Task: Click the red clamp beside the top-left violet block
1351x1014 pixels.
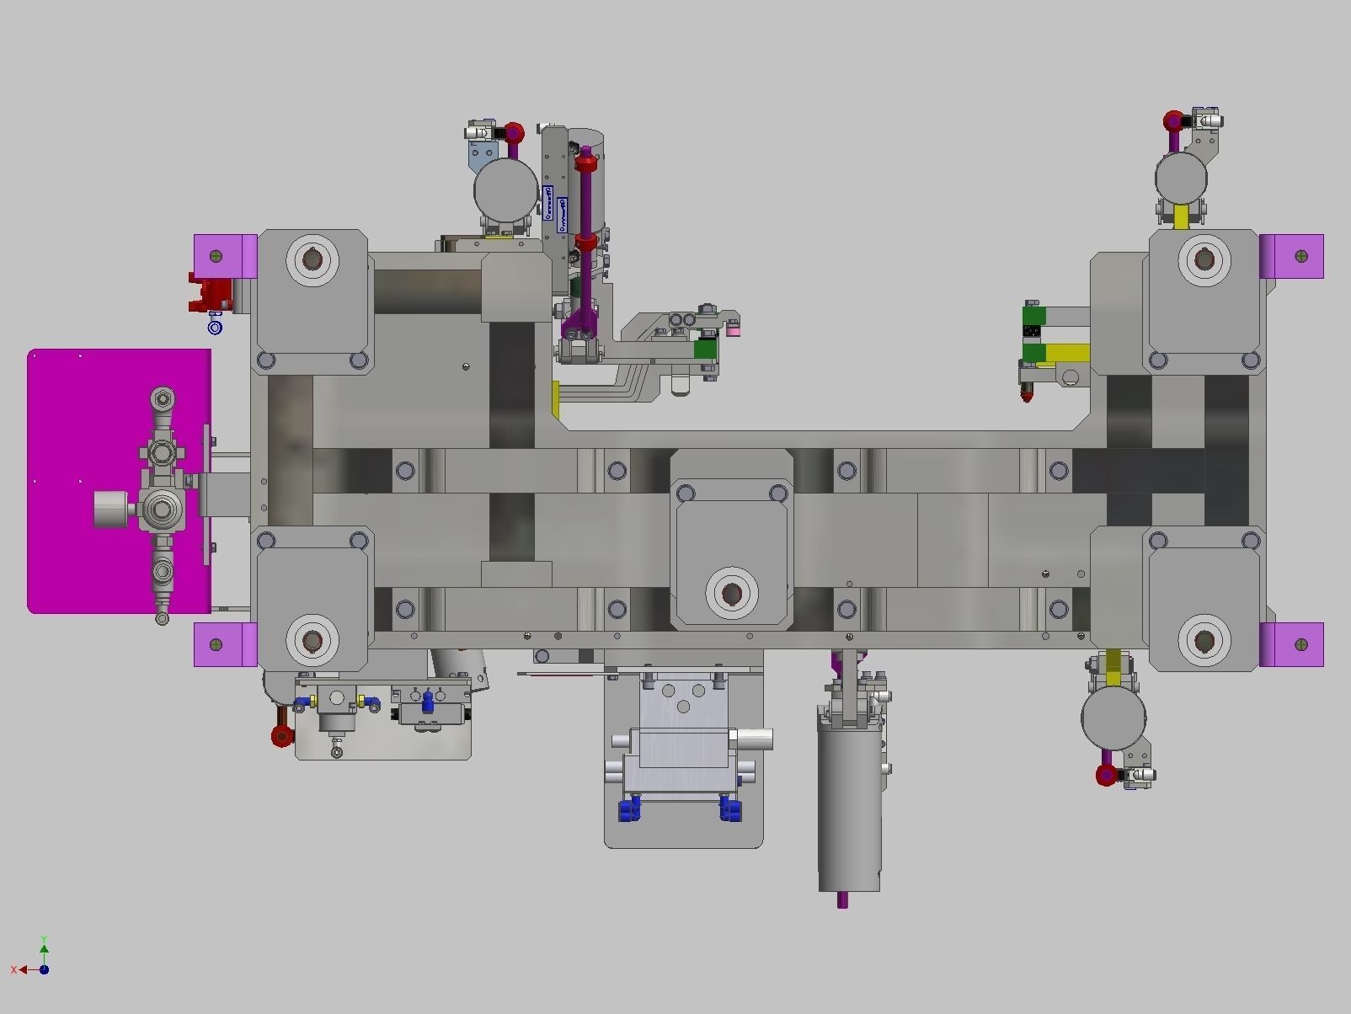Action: click(212, 291)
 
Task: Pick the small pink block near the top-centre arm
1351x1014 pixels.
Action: click(733, 330)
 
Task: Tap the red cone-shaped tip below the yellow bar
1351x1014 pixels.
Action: click(1028, 392)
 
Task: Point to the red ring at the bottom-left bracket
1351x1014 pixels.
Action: click(282, 736)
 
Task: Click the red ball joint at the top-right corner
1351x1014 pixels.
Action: click(1173, 122)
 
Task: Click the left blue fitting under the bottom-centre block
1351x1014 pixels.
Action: click(628, 810)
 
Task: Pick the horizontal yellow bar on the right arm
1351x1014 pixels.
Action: click(1067, 353)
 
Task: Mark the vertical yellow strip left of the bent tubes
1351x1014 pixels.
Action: click(556, 399)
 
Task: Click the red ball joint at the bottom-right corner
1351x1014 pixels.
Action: click(1107, 775)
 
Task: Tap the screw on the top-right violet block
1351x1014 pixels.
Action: click(1301, 255)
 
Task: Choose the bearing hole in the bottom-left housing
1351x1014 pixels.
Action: click(312, 642)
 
